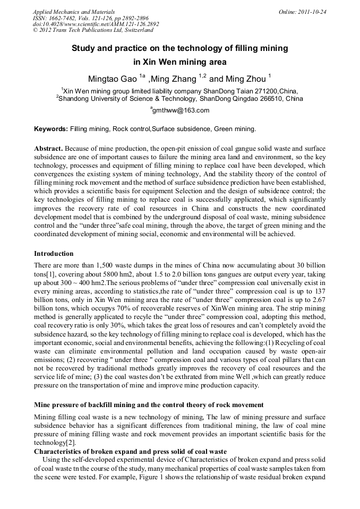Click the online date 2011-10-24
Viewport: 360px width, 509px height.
coord(312,12)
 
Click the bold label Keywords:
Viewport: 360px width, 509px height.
coord(51,129)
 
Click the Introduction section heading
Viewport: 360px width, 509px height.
coord(54,254)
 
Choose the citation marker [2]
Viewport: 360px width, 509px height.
coord(70,443)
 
